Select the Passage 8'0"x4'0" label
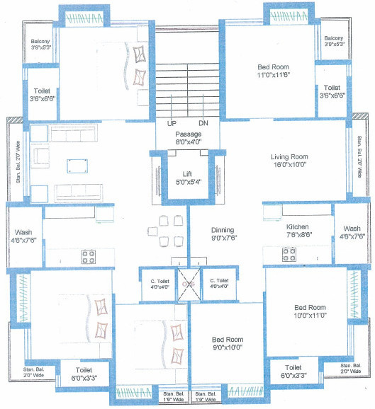coord(188,137)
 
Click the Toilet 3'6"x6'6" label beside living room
coord(332,91)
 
